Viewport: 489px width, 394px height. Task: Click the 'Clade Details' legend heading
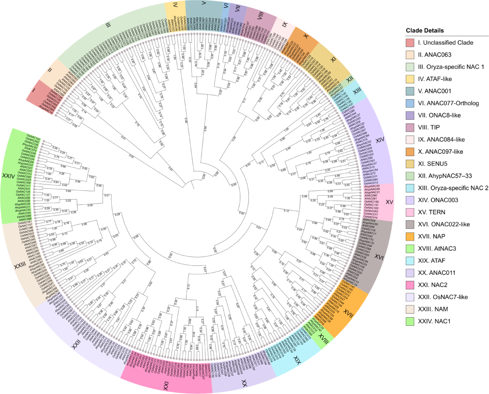tap(425, 30)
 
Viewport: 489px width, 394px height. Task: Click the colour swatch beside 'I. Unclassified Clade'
tap(410, 43)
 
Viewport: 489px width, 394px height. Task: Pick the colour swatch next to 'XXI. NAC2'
tap(410, 285)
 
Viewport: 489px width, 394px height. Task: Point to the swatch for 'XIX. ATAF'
tap(410, 261)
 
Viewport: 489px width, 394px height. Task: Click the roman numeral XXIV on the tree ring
tap(8, 176)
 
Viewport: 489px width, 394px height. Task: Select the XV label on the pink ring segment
tap(389, 202)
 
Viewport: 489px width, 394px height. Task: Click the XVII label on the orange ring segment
tap(348, 314)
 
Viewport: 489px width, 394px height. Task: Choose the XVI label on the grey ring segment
tap(379, 257)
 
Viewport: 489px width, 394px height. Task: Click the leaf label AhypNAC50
tap(372, 186)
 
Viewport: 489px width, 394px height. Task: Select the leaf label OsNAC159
tap(371, 202)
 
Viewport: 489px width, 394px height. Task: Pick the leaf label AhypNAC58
tap(22, 204)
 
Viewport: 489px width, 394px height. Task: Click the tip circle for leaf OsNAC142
tap(44, 141)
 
